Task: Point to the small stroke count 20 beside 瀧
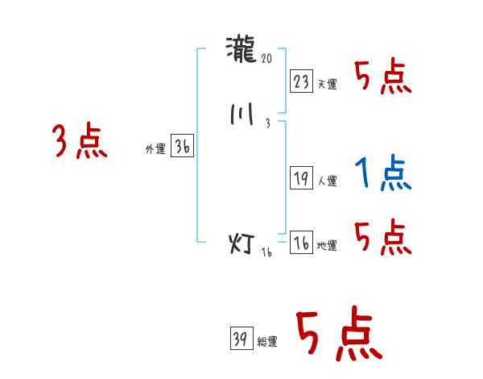coord(268,59)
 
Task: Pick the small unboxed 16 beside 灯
coord(267,253)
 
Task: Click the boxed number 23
coord(302,81)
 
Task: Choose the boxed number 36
coord(183,148)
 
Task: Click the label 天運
coord(327,84)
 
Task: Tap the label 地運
coord(327,246)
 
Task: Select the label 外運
coord(155,150)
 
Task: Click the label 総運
coord(266,342)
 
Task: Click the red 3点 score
coord(80,141)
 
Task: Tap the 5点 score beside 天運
coord(383,77)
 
